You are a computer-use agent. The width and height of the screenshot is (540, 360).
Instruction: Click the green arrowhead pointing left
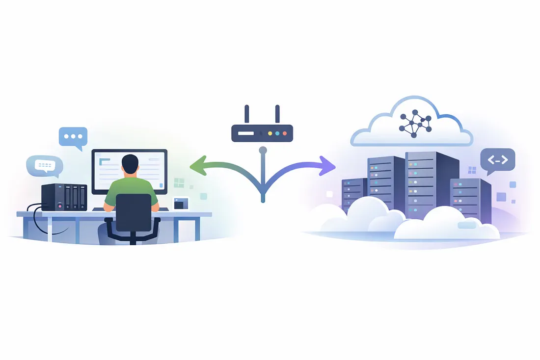tap(197, 166)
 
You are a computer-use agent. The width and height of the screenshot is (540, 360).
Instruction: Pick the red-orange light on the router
tap(285, 133)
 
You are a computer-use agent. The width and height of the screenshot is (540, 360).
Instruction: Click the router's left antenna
tap(246, 114)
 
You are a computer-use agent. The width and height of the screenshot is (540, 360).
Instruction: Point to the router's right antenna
tap(277, 114)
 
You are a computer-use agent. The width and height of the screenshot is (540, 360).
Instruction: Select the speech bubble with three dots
tap(73, 136)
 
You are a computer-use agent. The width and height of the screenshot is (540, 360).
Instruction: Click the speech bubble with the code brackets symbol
tap(497, 160)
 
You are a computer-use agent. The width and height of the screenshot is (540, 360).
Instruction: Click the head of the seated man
tap(130, 165)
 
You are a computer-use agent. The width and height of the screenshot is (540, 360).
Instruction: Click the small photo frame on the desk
tap(181, 203)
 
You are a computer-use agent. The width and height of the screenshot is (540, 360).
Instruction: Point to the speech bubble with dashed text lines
tap(44, 166)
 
